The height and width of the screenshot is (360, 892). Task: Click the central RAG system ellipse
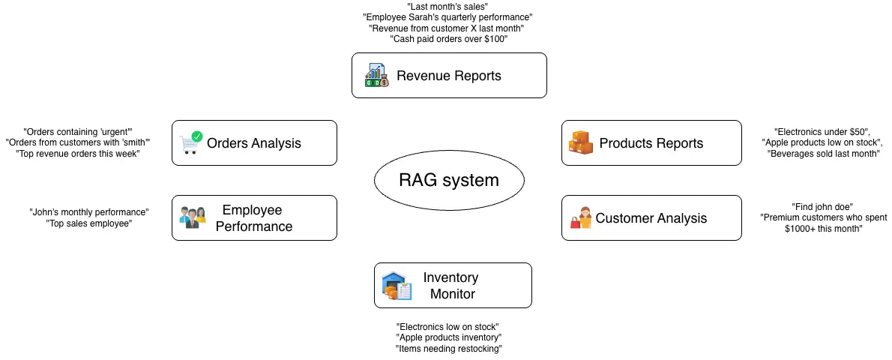pyautogui.click(x=449, y=180)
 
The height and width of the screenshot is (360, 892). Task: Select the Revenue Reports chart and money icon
pyautogui.click(x=376, y=75)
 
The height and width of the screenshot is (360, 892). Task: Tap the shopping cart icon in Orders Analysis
pyautogui.click(x=190, y=142)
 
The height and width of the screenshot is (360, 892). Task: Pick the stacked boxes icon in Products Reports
pyautogui.click(x=581, y=142)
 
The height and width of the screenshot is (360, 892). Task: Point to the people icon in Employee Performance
pyautogui.click(x=193, y=217)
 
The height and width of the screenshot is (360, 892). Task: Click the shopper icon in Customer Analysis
pyautogui.click(x=581, y=217)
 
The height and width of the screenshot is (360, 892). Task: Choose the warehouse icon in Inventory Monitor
pyautogui.click(x=397, y=286)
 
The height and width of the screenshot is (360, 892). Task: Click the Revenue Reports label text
pyautogui.click(x=449, y=76)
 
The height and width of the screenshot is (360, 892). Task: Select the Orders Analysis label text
pyautogui.click(x=253, y=143)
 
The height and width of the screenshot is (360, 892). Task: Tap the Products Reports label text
pyautogui.click(x=651, y=143)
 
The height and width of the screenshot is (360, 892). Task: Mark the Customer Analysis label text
pyautogui.click(x=651, y=218)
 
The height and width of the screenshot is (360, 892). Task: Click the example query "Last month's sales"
pyautogui.click(x=447, y=6)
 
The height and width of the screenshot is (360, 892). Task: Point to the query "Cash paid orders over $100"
pyautogui.click(x=448, y=39)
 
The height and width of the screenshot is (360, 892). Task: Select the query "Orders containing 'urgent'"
pyautogui.click(x=78, y=132)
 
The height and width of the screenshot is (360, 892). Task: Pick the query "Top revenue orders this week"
pyautogui.click(x=77, y=154)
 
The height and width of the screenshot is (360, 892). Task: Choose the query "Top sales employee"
pyautogui.click(x=88, y=223)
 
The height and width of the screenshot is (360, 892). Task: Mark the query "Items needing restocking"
pyautogui.click(x=448, y=349)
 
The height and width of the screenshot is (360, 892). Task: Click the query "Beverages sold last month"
pyautogui.click(x=824, y=154)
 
